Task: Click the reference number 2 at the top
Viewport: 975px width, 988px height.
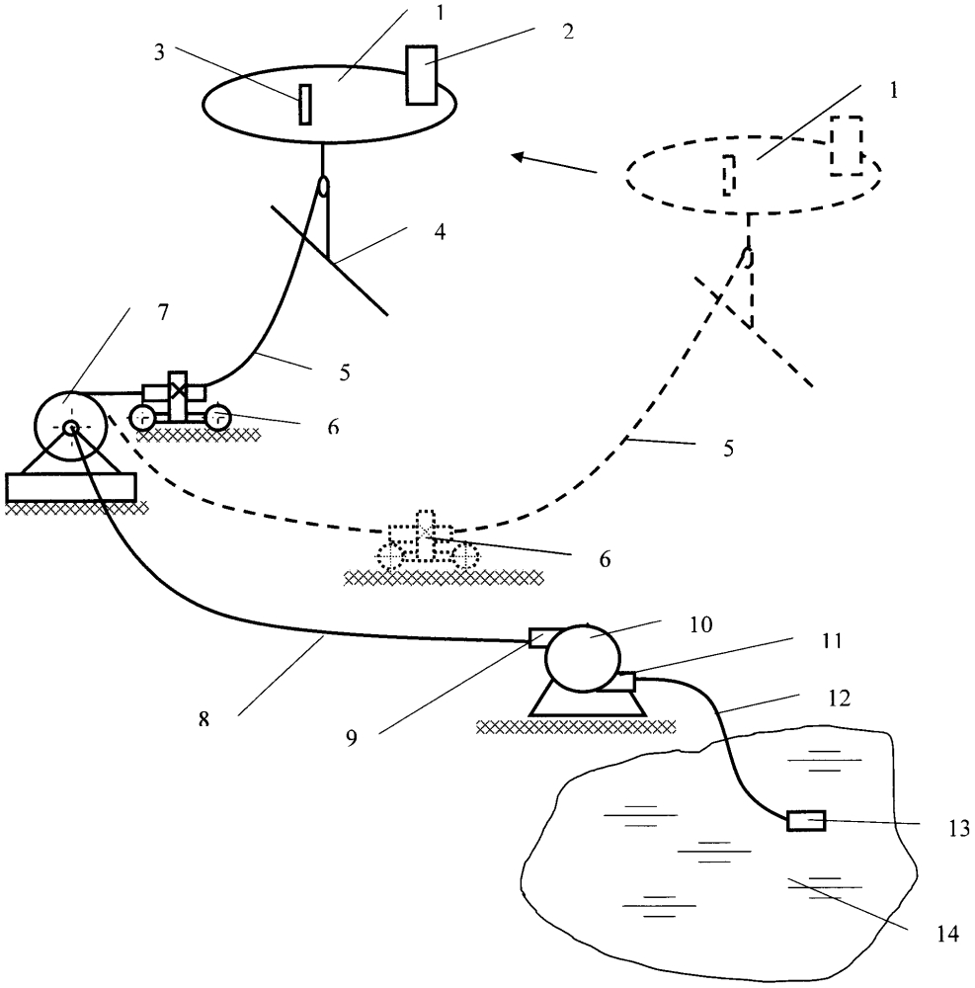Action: point(566,29)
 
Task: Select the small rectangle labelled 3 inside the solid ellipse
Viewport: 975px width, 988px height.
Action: point(305,104)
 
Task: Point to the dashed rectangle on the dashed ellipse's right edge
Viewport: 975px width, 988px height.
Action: point(846,145)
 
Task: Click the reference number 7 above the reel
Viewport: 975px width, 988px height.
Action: point(162,313)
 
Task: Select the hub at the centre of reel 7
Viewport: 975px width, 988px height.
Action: point(71,428)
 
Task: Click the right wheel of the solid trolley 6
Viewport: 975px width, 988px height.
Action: point(216,419)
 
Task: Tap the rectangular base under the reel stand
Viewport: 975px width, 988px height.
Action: point(70,486)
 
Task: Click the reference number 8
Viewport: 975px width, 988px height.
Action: point(204,719)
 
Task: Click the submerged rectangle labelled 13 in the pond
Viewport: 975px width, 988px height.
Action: point(805,820)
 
